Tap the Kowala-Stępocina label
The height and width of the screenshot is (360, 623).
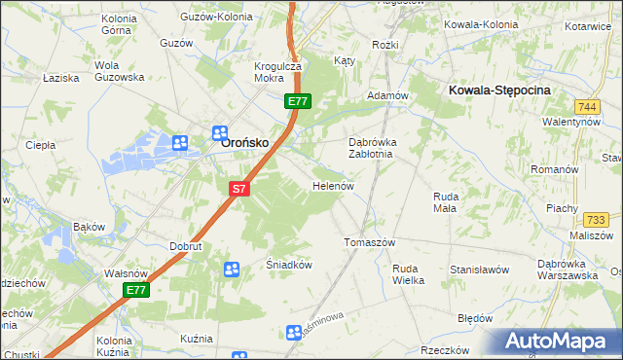coord(500,90)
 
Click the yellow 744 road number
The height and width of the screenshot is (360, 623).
coord(586,106)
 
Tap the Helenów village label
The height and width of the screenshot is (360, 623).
coord(331,185)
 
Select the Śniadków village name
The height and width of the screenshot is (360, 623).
coord(288,264)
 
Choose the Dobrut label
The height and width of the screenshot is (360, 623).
coord(185,246)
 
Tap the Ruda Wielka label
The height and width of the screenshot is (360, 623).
coord(408,274)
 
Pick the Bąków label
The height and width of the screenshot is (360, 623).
coord(89,227)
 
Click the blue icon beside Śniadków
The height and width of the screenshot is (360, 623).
coord(232,270)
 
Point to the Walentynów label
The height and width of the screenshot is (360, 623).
coord(571,123)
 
